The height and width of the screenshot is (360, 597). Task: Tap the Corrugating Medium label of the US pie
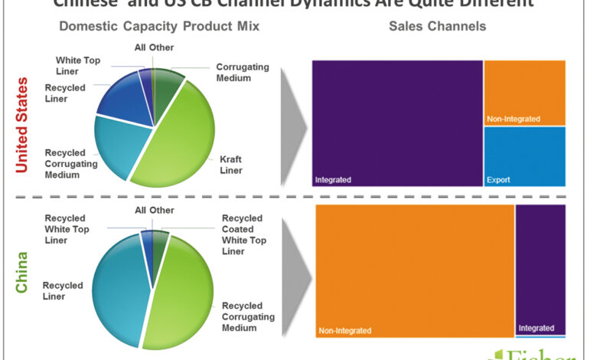tap(243, 72)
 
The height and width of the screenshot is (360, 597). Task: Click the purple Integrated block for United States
tap(396, 123)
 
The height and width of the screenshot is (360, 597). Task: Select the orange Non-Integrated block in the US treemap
tap(524, 92)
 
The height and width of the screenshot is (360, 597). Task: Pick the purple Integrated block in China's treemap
tap(540, 268)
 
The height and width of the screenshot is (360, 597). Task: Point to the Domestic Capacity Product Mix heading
tap(159, 26)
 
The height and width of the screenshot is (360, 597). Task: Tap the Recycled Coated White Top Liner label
tap(243, 234)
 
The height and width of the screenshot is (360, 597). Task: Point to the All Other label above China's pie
tap(154, 211)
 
